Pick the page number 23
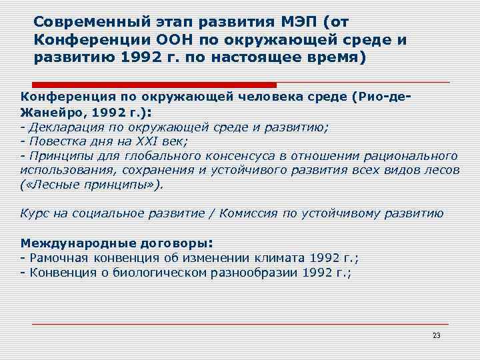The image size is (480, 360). pos(437,335)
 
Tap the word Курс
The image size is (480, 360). pos(34,213)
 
